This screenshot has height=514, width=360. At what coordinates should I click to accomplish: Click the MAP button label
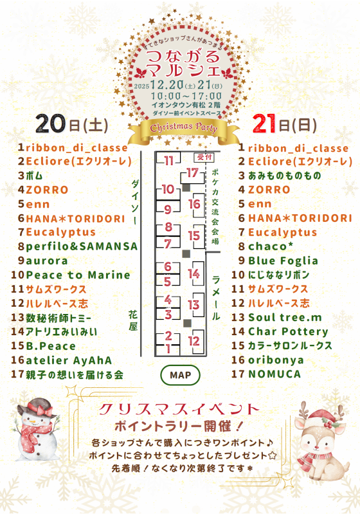pyautogui.click(x=180, y=374)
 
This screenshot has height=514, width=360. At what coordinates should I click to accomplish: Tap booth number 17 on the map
pyautogui.click(x=192, y=172)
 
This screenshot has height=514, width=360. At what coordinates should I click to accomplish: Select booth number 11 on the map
pyautogui.click(x=168, y=160)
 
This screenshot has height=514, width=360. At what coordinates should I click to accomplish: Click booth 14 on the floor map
pyautogui.click(x=194, y=273)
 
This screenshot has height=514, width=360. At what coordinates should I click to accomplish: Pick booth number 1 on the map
pyautogui.click(x=168, y=348)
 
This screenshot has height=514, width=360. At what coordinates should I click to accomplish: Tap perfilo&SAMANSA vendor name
pyautogui.click(x=82, y=246)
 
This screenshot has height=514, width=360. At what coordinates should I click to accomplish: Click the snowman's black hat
pyautogui.click(x=32, y=405)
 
